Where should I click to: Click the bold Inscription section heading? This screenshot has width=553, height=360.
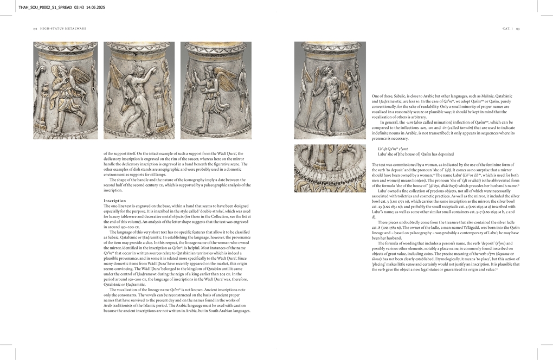coord(114,201)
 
